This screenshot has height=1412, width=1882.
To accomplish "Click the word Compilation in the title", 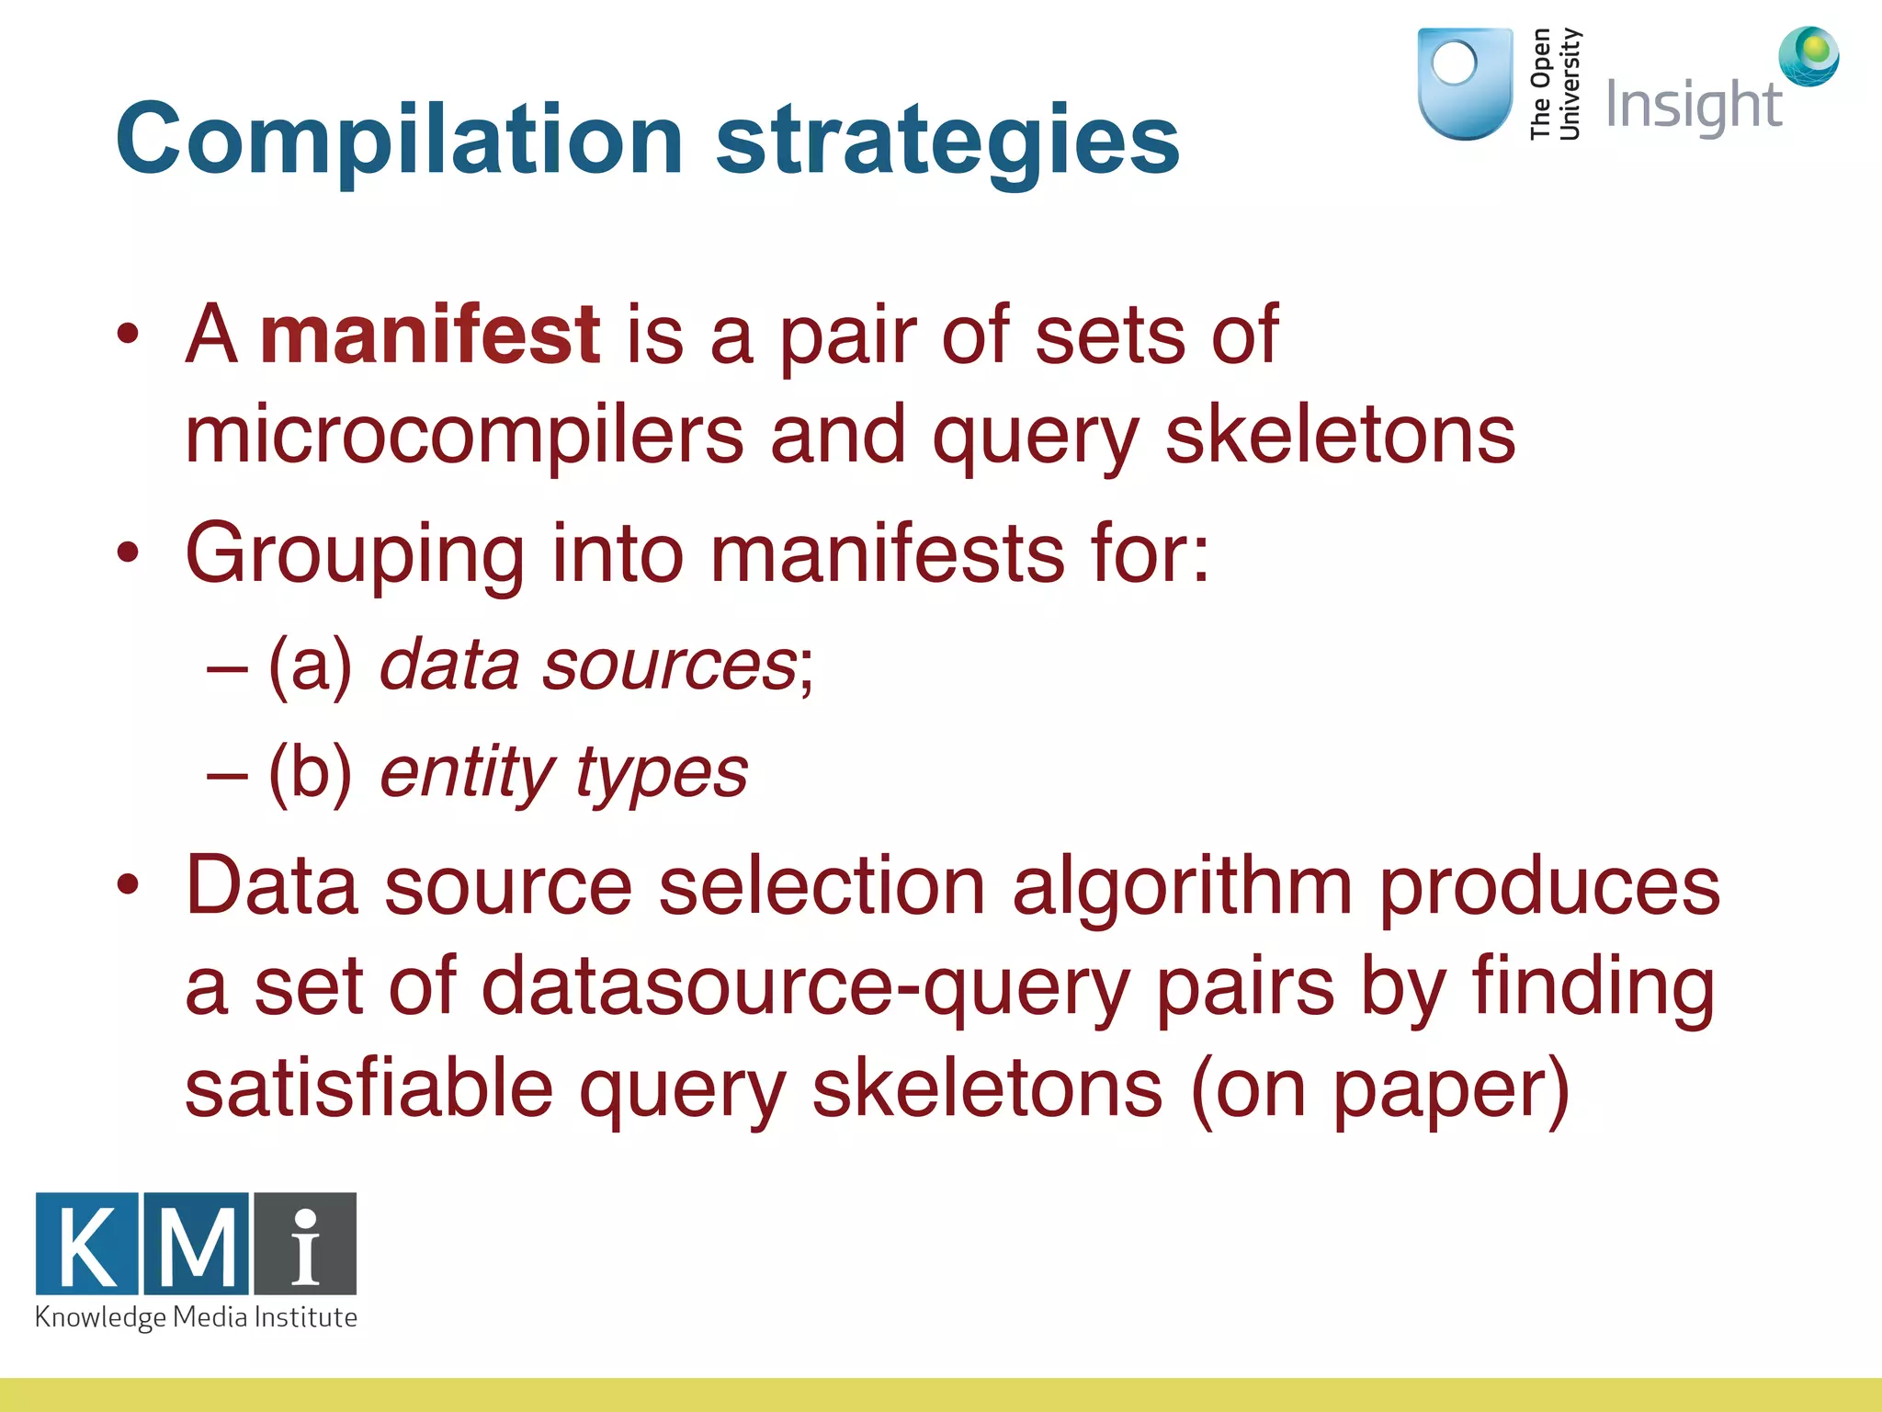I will pyautogui.click(x=399, y=140).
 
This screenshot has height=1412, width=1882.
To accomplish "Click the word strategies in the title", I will pyautogui.click(x=947, y=140).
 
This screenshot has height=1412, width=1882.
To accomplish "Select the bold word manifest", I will pyautogui.click(x=430, y=335).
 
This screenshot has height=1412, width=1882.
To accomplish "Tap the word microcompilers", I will pyautogui.click(x=463, y=436).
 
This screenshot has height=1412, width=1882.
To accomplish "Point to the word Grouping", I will pyautogui.click(x=355, y=555).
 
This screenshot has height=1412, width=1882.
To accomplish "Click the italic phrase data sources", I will pyautogui.click(x=588, y=666).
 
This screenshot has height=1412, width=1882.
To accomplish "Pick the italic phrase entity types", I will pyautogui.click(x=563, y=772).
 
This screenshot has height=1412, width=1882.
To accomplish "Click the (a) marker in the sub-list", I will pyautogui.click(x=310, y=666).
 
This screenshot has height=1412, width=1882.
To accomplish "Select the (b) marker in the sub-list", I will pyautogui.click(x=310, y=772).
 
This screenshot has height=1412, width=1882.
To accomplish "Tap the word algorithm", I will pyautogui.click(x=1182, y=886).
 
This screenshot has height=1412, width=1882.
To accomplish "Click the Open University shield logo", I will pyautogui.click(x=1465, y=83).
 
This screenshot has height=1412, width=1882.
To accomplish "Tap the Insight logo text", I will pyautogui.click(x=1694, y=106).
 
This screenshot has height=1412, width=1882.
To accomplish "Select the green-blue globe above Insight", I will pyautogui.click(x=1808, y=56).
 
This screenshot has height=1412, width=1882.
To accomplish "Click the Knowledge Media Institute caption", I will pyautogui.click(x=196, y=1318).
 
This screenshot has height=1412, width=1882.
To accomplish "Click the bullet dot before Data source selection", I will pyautogui.click(x=128, y=885).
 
